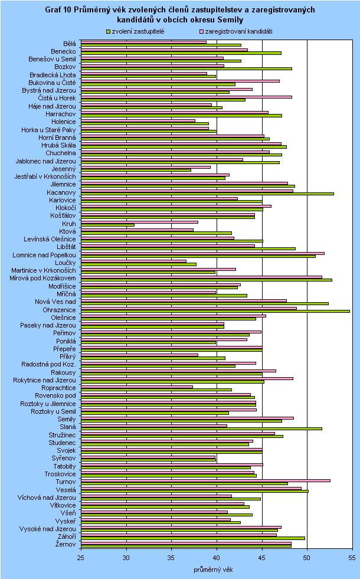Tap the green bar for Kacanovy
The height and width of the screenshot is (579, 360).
(x=207, y=194)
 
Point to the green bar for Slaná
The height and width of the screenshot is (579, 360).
(x=201, y=428)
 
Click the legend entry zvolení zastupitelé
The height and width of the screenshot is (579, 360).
(x=136, y=31)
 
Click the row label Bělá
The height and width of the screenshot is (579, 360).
(x=69, y=43)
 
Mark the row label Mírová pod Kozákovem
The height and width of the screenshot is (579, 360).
(x=41, y=277)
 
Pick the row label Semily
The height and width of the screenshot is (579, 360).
(x=66, y=419)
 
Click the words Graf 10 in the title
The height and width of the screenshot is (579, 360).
(x=60, y=10)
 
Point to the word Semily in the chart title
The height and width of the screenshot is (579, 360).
(x=231, y=20)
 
